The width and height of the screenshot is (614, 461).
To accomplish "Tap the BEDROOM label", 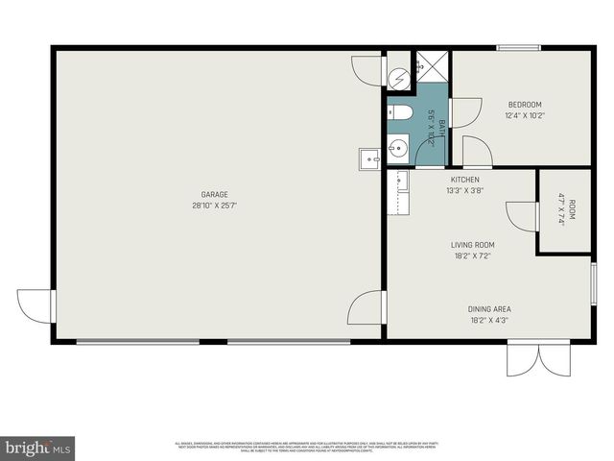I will coord(525,105).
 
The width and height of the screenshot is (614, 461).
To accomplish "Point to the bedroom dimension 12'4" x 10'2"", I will coord(525,116).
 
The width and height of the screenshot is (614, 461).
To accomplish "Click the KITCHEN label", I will coord(465,180).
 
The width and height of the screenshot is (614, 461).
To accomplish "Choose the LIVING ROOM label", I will coord(471,245).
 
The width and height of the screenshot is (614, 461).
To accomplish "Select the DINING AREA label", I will coord(489,309).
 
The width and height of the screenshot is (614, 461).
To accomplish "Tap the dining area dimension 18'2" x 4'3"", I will coord(489,321).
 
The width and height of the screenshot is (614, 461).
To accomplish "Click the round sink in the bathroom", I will coord(397,147).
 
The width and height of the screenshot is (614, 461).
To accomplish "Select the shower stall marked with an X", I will coord(432,66).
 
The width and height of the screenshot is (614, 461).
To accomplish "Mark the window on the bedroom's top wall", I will coord(518,47).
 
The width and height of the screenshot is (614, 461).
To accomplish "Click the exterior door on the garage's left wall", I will coord(36,307).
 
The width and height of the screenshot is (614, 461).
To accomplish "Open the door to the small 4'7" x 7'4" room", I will coord(523,216).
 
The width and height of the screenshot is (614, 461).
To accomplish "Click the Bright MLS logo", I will coord(38,448).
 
